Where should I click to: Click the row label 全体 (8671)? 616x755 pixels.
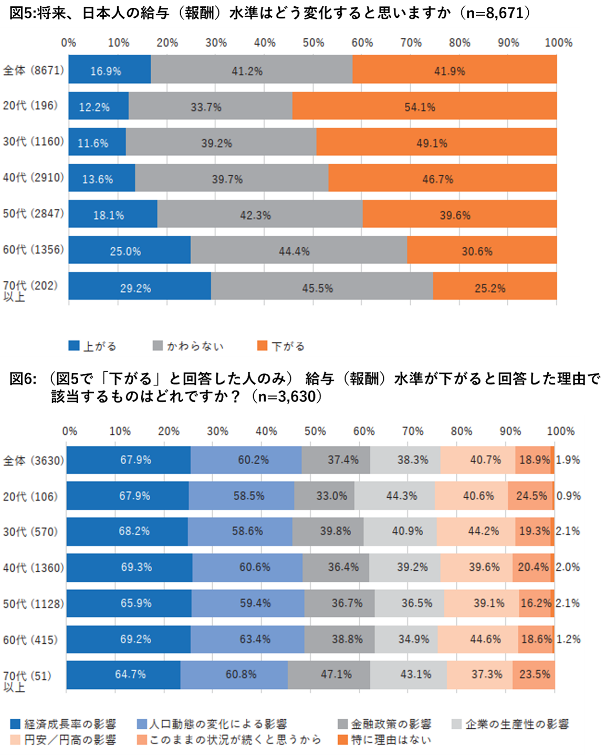(x=33, y=70)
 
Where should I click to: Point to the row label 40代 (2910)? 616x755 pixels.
(x=33, y=178)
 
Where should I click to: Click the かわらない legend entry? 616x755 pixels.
(x=188, y=346)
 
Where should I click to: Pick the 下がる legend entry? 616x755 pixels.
(x=280, y=346)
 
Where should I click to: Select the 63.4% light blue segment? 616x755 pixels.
(x=247, y=639)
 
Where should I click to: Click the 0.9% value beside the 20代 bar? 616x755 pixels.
(x=569, y=496)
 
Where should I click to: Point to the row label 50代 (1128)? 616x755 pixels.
(x=33, y=604)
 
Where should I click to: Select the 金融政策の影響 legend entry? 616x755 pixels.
(x=384, y=725)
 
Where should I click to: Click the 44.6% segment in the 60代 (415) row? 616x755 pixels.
(x=478, y=639)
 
